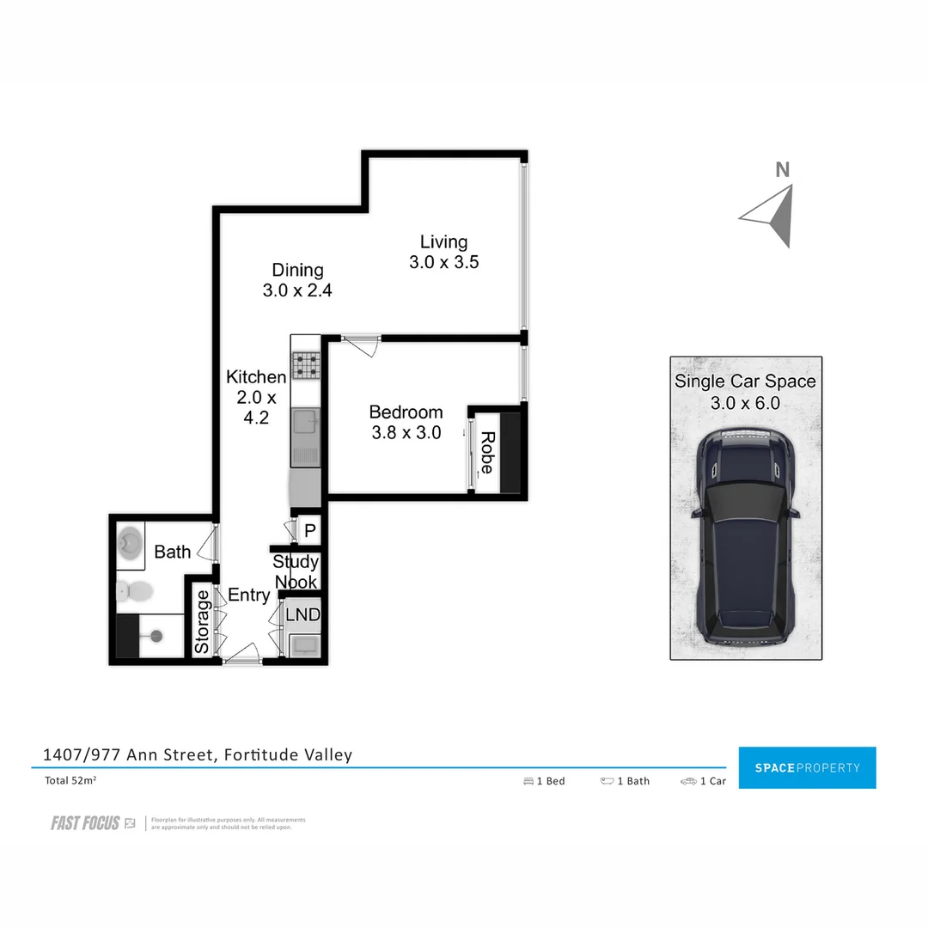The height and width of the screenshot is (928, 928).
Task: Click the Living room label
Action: (443, 242)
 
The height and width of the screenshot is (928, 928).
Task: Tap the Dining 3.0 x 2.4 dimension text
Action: (297, 290)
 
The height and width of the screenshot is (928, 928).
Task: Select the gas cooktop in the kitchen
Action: (304, 366)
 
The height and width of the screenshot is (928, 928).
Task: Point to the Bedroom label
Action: (406, 412)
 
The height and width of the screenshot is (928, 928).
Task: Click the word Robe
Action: (486, 453)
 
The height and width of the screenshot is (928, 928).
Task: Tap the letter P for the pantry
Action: (309, 531)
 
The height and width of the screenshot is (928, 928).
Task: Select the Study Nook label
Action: (296, 572)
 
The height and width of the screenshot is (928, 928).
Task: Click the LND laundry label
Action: (302, 615)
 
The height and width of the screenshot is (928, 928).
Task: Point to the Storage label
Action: (202, 621)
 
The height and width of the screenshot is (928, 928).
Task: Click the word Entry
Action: (248, 595)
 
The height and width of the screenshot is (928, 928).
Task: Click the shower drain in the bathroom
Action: (156, 636)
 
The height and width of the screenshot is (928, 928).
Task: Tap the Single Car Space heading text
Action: (745, 382)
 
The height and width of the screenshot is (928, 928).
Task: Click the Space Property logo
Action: (807, 767)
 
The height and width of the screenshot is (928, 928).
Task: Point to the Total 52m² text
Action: (70, 781)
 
